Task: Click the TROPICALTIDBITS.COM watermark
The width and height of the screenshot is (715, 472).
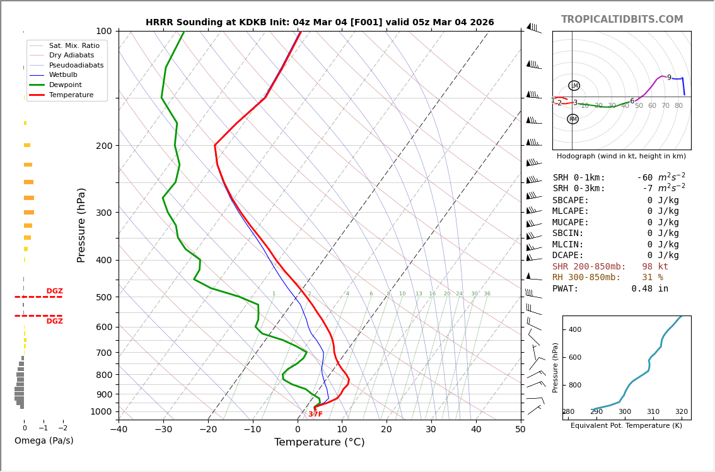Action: pyautogui.click(x=622, y=20)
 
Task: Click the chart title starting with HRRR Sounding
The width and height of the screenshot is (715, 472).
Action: pyautogui.click(x=320, y=23)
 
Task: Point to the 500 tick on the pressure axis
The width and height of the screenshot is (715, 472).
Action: pyautogui.click(x=104, y=297)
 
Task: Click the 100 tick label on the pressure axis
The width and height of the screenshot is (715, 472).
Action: pyautogui.click(x=104, y=31)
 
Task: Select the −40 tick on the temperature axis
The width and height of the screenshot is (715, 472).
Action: pyautogui.click(x=119, y=430)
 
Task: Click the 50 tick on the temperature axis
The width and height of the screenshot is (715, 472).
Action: pyautogui.click(x=520, y=430)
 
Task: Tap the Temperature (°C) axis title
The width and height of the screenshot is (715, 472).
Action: pyautogui.click(x=319, y=442)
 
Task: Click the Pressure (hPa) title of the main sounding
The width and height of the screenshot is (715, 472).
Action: pyautogui.click(x=81, y=225)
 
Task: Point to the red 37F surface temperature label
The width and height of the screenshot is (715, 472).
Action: pyautogui.click(x=315, y=415)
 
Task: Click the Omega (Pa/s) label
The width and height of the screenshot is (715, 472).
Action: pyautogui.click(x=44, y=440)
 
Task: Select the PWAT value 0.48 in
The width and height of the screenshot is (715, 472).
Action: pyautogui.click(x=649, y=289)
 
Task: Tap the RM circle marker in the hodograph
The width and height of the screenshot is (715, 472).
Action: pyautogui.click(x=573, y=119)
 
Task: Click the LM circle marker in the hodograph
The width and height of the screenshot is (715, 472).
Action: pyautogui.click(x=574, y=86)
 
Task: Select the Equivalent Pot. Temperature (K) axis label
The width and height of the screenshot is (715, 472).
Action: pyautogui.click(x=626, y=425)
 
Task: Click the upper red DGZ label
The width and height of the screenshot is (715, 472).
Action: pyautogui.click(x=54, y=292)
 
